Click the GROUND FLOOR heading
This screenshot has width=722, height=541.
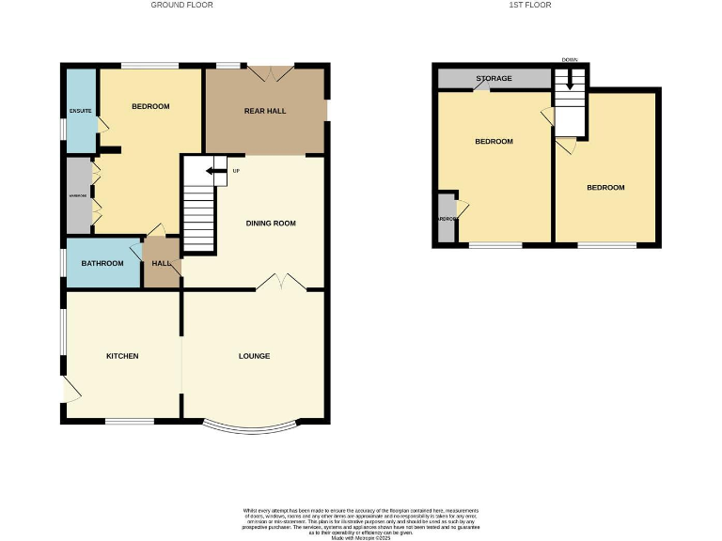[x=182, y=6]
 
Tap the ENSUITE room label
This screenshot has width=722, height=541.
[x=80, y=112]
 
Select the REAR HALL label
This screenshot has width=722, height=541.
[x=265, y=111]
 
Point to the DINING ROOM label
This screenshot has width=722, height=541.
[x=271, y=224]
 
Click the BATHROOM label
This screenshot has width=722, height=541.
[x=102, y=263]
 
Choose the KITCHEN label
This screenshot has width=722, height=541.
[x=122, y=356]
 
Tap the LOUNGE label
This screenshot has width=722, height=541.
[x=254, y=356]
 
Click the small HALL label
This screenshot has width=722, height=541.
[x=161, y=263]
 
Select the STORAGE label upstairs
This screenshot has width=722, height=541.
[x=494, y=78]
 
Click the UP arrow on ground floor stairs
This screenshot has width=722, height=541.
[x=216, y=171]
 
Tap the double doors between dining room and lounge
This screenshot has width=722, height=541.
[x=280, y=282]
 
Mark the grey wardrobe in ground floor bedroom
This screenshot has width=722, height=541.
[x=78, y=195]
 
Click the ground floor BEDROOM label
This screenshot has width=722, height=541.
[x=150, y=106]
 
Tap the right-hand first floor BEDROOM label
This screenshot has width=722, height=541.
[x=605, y=188]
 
